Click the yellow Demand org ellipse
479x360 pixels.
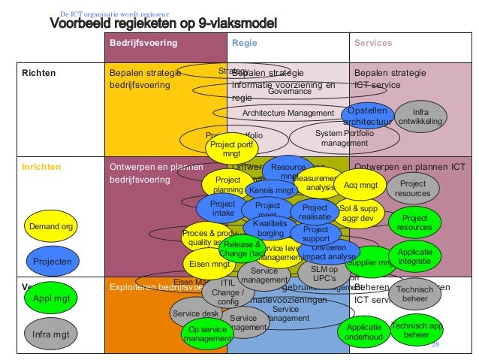point(51,227)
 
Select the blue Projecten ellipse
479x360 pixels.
point(52,262)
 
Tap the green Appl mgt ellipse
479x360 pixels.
point(51,298)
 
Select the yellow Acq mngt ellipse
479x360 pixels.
point(359,184)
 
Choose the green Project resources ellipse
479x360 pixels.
point(414,222)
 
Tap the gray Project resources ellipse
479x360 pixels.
point(413,189)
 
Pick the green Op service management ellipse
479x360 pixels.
point(207,334)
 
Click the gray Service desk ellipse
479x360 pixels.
point(195,313)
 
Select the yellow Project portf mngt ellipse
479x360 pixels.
point(230,148)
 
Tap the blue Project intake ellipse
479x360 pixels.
point(222,208)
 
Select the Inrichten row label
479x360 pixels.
point(41,168)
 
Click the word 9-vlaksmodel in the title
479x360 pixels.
point(229,24)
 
